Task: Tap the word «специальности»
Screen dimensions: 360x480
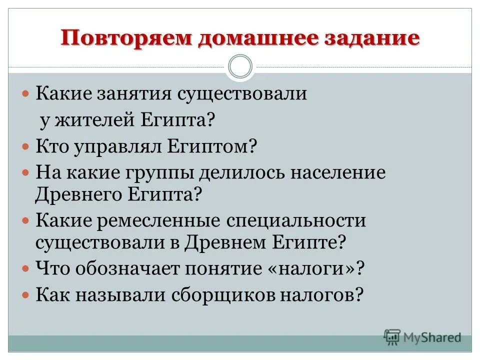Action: click(x=298, y=220)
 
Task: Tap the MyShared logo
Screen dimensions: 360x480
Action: click(x=422, y=337)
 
